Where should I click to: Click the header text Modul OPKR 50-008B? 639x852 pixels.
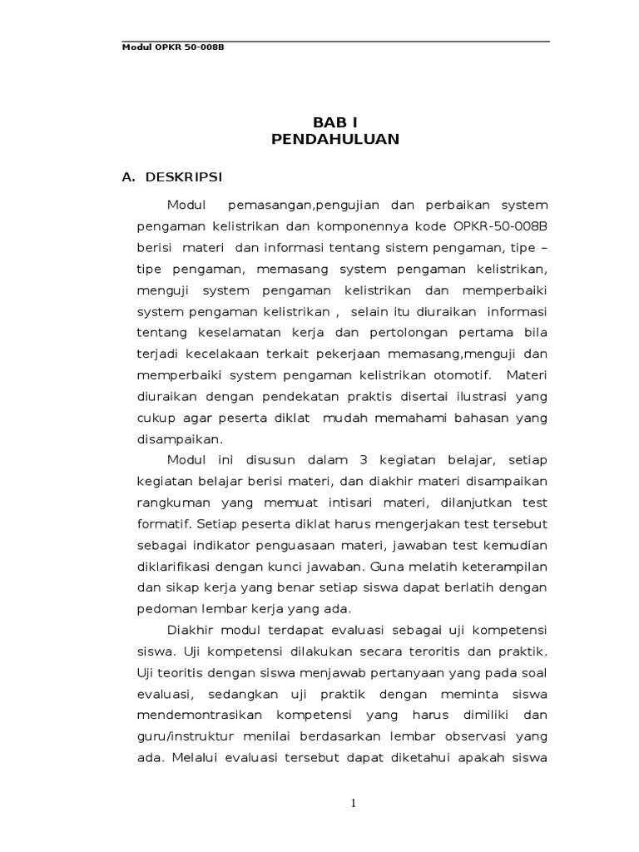click(x=173, y=47)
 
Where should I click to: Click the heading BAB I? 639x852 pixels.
click(x=335, y=121)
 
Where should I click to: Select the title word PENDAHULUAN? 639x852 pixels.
click(x=335, y=139)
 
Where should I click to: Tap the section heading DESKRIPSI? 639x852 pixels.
click(x=183, y=177)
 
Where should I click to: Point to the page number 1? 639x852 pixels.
click(x=353, y=803)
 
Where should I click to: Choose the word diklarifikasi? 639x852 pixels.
click(x=174, y=568)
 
